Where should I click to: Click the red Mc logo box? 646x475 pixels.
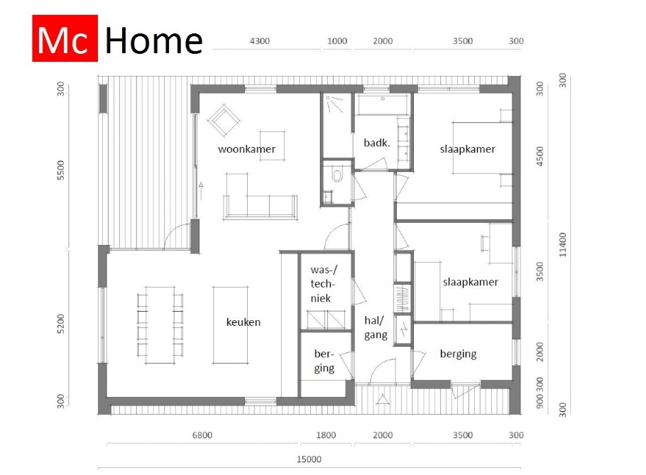click(65, 40)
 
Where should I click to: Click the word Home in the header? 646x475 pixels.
click(153, 40)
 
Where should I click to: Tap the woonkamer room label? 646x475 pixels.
click(246, 149)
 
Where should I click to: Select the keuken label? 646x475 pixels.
click(243, 322)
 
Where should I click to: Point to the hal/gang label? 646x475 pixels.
click(376, 327)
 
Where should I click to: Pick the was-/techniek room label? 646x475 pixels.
click(325, 285)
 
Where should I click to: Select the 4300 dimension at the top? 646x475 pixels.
click(260, 41)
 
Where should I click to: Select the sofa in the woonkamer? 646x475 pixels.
click(260, 205)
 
